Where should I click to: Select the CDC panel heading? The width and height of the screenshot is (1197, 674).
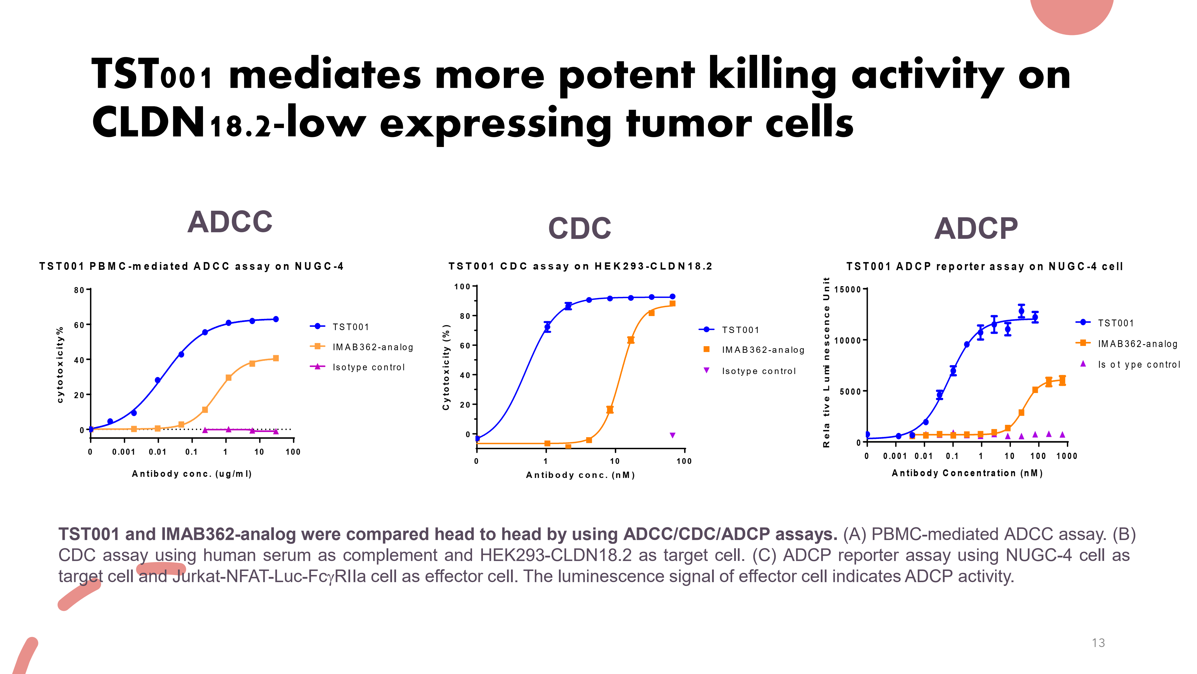click(x=580, y=228)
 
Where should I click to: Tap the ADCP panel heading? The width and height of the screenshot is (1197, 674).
click(x=976, y=228)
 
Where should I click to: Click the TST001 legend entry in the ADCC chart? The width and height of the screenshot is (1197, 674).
click(x=350, y=327)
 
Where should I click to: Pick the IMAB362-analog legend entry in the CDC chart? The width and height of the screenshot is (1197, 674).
click(x=763, y=350)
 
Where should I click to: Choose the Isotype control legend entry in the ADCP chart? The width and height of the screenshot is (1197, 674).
click(x=1138, y=365)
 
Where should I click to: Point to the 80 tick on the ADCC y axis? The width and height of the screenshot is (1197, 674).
click(x=79, y=290)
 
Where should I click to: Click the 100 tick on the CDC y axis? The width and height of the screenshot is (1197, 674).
click(x=462, y=286)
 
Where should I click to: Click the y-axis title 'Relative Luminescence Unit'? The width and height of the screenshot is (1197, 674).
click(x=826, y=363)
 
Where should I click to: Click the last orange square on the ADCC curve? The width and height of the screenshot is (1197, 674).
click(x=276, y=358)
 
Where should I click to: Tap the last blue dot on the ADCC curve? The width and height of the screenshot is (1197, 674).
click(x=276, y=319)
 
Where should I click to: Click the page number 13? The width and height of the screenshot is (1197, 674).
click(x=1098, y=643)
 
